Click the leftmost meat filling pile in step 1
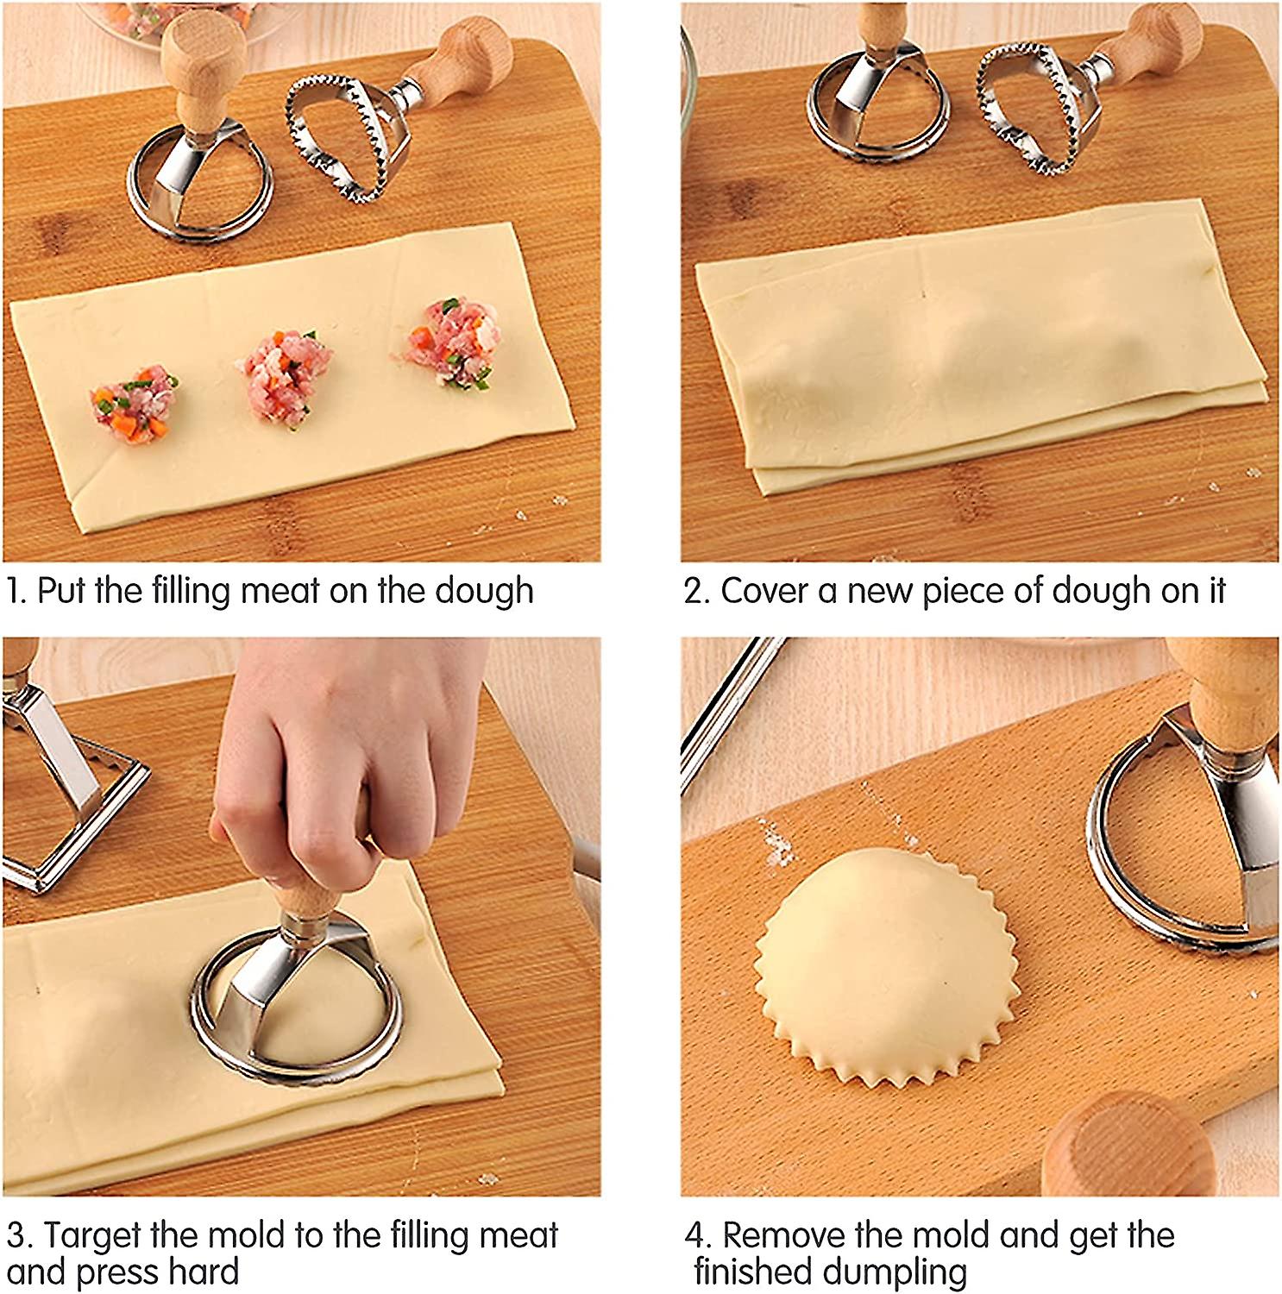pyautogui.click(x=135, y=403)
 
